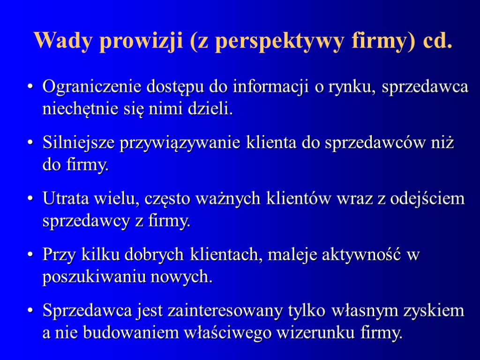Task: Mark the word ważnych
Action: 234,199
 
